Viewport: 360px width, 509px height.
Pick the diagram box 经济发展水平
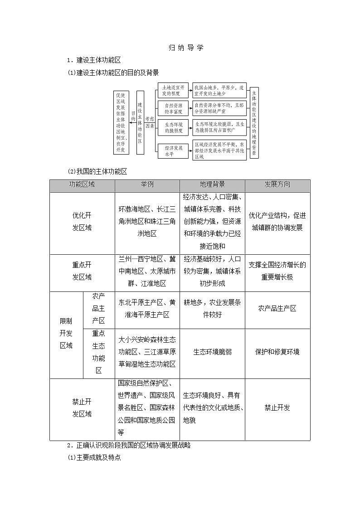click(173, 150)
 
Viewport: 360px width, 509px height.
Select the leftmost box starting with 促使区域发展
click(121, 122)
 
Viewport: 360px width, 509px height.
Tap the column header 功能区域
click(82, 185)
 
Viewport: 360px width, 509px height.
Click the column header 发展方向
click(277, 185)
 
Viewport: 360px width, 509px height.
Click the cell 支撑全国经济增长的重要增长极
click(277, 271)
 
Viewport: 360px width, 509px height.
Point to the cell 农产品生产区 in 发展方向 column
click(277, 308)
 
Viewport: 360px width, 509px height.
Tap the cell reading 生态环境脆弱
click(212, 352)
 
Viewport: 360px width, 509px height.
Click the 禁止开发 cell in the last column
click(277, 407)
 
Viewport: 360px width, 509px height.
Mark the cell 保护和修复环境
click(277, 352)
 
